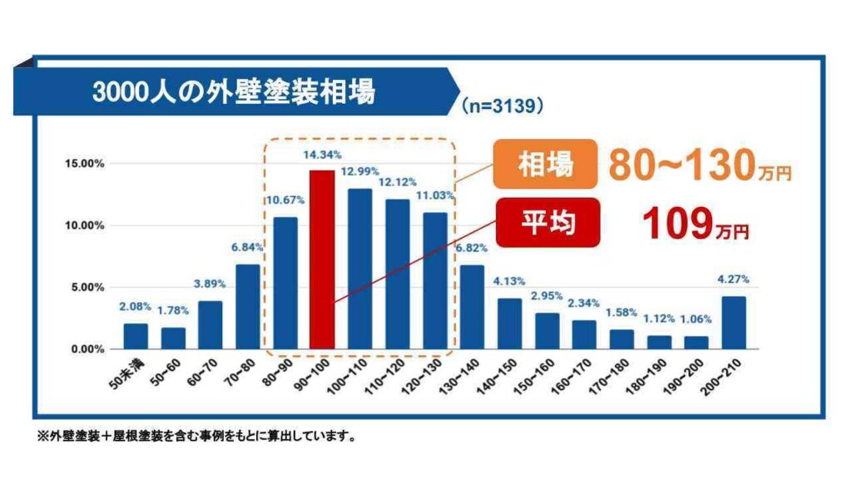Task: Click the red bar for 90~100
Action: click(x=322, y=259)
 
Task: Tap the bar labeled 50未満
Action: click(x=136, y=336)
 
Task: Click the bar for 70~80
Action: click(x=248, y=307)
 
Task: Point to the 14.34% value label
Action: click(x=322, y=155)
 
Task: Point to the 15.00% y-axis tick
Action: click(x=84, y=164)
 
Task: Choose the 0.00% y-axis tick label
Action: click(x=87, y=349)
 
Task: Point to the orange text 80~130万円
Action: click(x=698, y=166)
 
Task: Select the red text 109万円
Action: click(x=695, y=224)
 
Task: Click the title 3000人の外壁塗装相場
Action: click(x=235, y=91)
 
